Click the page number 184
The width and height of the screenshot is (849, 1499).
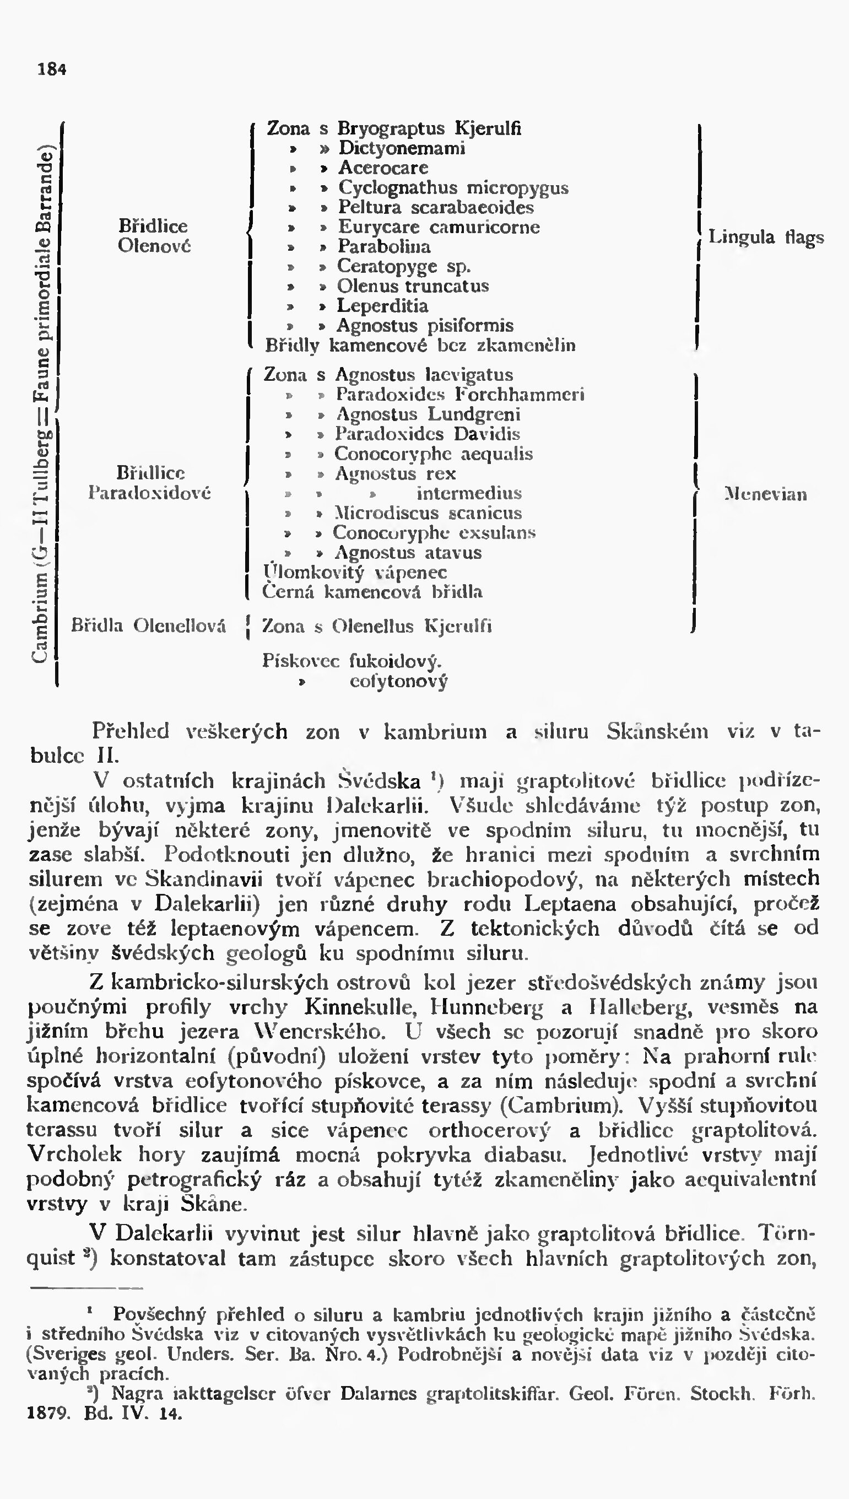point(52,69)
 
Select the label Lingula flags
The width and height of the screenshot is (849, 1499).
point(766,237)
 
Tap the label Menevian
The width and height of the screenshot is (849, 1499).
point(765,494)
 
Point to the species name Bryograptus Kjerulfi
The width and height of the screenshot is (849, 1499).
point(429,128)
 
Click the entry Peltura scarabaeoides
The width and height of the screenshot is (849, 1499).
point(436,207)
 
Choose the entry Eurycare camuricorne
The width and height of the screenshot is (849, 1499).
point(439,227)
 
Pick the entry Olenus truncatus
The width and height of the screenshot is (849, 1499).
point(412,286)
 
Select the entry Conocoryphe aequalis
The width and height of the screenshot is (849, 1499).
point(433,454)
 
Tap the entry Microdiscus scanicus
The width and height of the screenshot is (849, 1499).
point(428,513)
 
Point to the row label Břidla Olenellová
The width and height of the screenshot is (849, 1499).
point(148,626)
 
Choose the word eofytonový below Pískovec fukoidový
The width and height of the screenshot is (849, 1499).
point(398,681)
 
